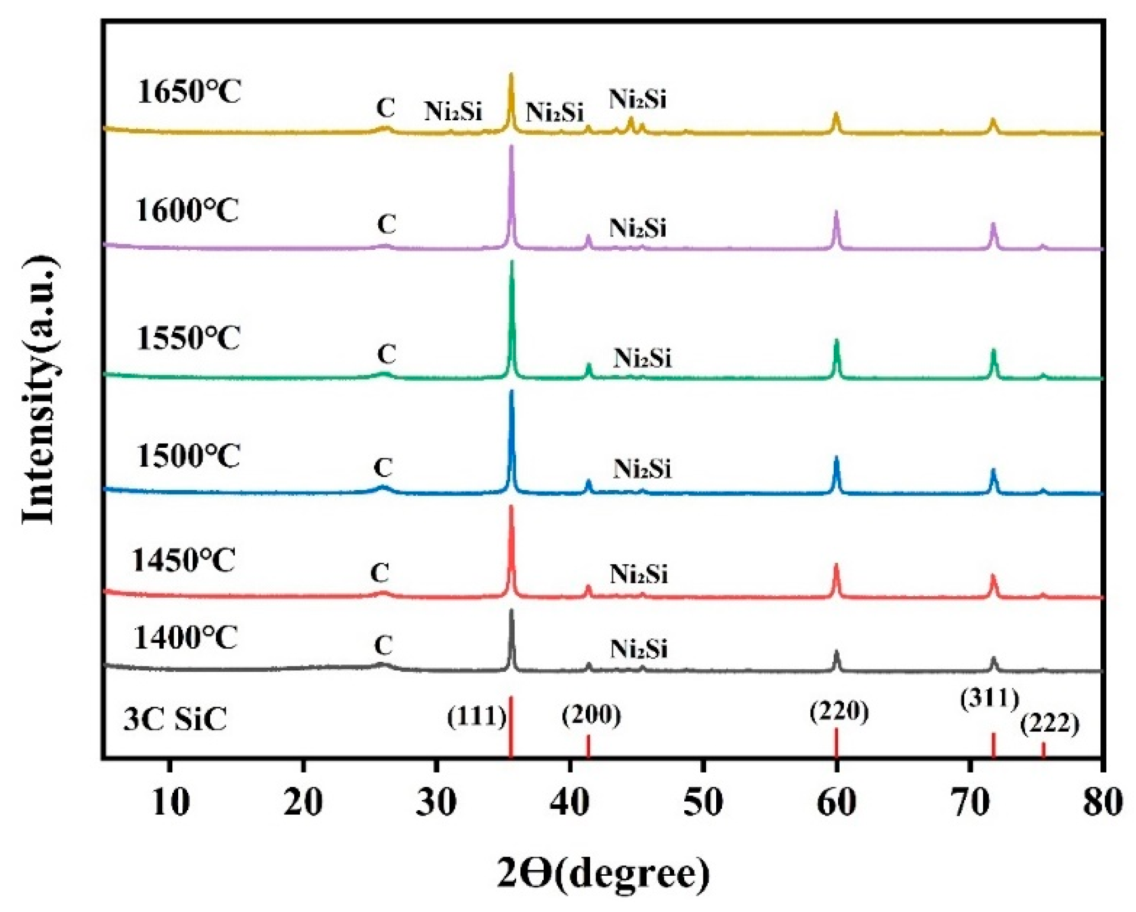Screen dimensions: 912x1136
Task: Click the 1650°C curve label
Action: [x=189, y=92]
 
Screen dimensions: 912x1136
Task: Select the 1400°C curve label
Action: [x=185, y=637]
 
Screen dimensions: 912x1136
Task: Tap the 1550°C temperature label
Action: [x=188, y=338]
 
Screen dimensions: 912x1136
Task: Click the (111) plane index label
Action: [x=476, y=717]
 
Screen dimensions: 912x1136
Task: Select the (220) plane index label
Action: [x=839, y=711]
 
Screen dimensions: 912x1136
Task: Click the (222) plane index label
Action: [x=1049, y=724]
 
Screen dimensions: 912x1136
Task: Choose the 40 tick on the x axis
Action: [x=570, y=802]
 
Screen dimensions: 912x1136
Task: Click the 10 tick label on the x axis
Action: [x=170, y=802]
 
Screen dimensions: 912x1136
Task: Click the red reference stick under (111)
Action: [x=511, y=727]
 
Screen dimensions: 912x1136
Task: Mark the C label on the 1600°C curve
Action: [x=386, y=225]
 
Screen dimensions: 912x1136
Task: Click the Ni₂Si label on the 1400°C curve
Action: [x=638, y=649]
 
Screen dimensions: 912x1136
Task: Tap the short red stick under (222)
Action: [x=1043, y=750]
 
